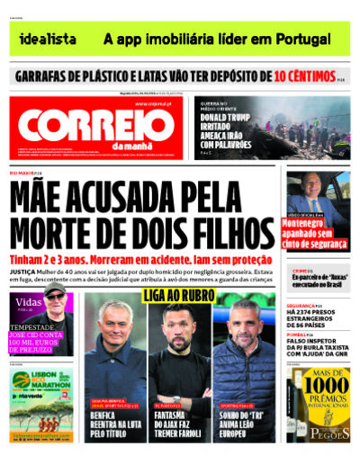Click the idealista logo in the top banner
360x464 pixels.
pyautogui.click(x=48, y=40)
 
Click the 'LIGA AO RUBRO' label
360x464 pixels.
pyautogui.click(x=179, y=296)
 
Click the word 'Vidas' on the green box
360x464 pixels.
pyautogui.click(x=30, y=303)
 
